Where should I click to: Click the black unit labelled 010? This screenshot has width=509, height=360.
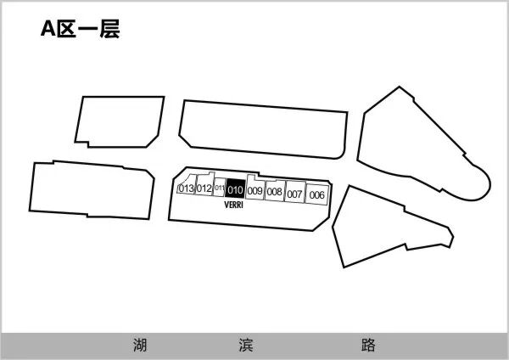(x=235, y=189)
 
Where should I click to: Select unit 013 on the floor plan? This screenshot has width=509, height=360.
(x=186, y=188)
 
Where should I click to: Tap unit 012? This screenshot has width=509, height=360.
(x=204, y=188)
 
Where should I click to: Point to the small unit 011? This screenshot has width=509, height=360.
(x=219, y=188)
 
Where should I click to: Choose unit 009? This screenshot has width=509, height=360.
(x=255, y=191)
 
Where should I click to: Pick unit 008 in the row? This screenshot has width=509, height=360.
(x=274, y=192)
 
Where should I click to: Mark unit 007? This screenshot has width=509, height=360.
(x=294, y=194)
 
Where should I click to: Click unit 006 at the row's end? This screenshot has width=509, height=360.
(x=316, y=194)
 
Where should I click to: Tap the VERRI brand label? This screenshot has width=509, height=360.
(x=235, y=205)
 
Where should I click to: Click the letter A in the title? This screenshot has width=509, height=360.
(x=49, y=30)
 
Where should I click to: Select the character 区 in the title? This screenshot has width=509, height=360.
(x=69, y=30)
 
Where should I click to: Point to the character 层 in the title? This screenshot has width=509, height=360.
(x=108, y=30)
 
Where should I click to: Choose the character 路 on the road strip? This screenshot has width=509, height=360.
(x=367, y=346)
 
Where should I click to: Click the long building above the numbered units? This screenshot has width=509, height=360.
(x=263, y=130)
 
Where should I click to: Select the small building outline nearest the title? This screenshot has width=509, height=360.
(x=119, y=121)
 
